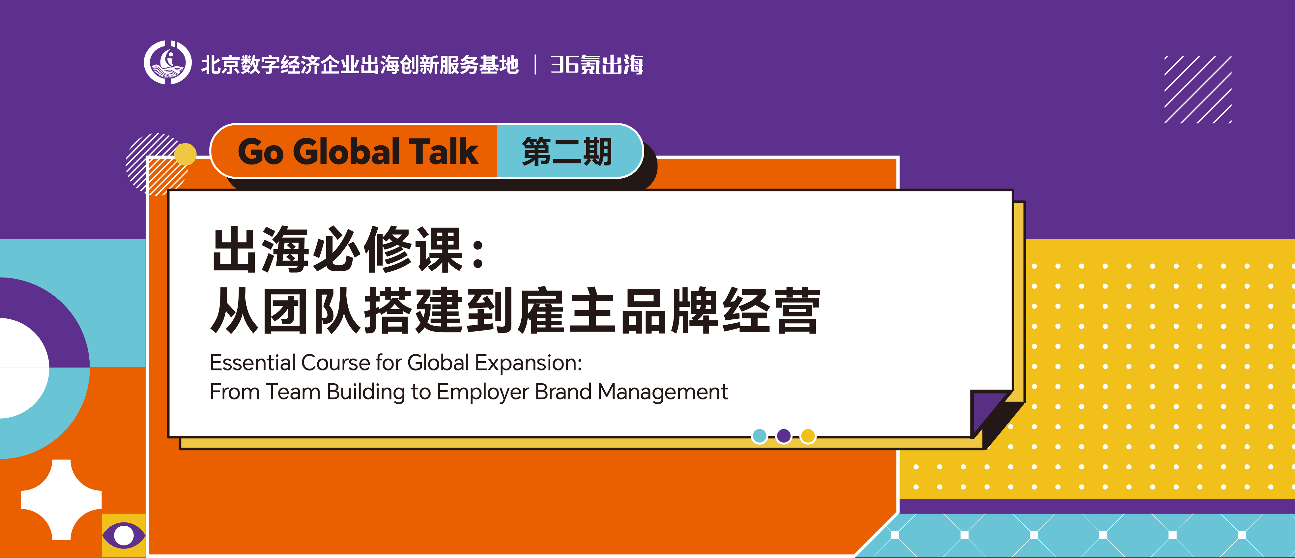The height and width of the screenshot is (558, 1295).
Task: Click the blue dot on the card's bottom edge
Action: tap(759, 436)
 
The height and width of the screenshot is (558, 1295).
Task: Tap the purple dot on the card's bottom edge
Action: tap(783, 436)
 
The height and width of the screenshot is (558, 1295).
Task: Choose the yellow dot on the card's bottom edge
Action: tap(808, 436)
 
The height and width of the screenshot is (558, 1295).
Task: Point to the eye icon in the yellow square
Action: tap(124, 535)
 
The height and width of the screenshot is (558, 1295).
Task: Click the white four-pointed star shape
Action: tap(61, 500)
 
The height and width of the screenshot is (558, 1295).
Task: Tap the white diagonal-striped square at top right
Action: tap(1198, 89)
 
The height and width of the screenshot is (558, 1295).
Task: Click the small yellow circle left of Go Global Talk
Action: tap(186, 154)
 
